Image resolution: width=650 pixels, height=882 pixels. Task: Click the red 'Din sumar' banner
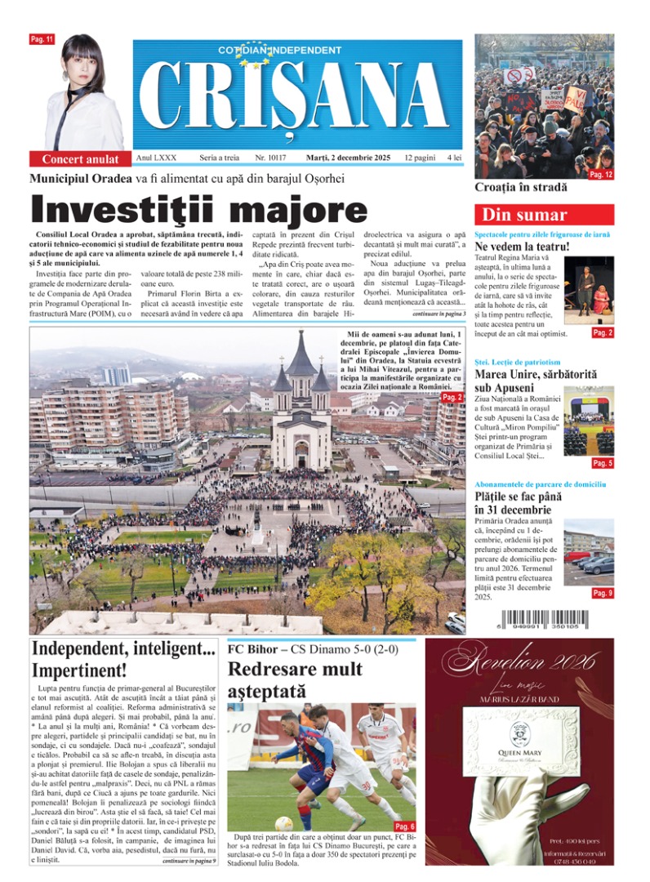pos(523,216)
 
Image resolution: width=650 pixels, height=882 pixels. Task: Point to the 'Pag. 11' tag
pos(42,39)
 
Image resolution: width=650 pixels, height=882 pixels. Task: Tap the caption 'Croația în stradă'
pos(522,187)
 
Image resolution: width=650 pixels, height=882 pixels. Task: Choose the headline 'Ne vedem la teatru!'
pos(522,246)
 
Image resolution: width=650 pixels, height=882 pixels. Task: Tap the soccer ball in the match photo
pos(283,823)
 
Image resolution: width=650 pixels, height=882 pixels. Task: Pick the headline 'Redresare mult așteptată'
pos(295,680)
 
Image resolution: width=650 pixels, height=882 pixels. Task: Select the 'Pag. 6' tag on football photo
pos(404,826)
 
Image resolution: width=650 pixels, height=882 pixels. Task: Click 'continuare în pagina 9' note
pos(189,861)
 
